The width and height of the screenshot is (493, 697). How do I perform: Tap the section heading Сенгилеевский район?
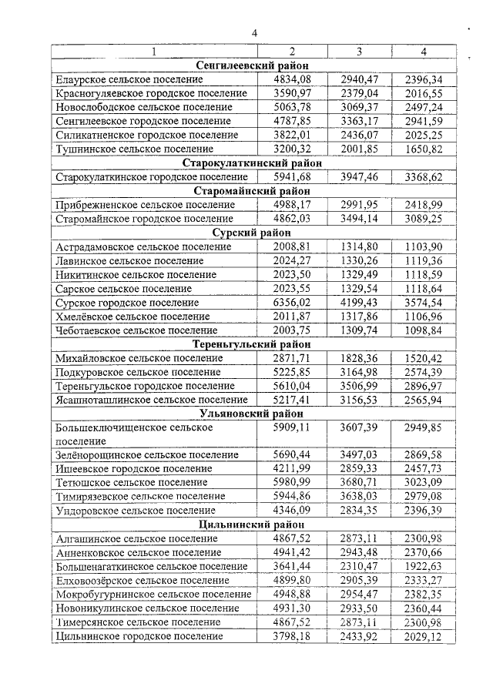click(x=252, y=65)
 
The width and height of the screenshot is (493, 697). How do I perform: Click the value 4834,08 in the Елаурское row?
click(x=292, y=79)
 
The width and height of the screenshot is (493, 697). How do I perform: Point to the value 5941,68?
click(x=292, y=177)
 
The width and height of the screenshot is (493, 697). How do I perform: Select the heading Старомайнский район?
click(x=252, y=191)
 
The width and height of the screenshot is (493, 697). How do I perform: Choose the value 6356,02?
click(x=292, y=303)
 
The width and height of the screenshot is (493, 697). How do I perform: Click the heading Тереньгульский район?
click(x=252, y=344)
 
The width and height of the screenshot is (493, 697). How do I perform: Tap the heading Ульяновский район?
click(x=252, y=413)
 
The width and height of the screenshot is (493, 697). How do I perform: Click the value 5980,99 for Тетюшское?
click(x=292, y=482)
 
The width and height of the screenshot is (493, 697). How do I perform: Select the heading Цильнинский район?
click(x=252, y=524)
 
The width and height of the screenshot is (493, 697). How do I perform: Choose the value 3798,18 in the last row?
click(x=292, y=636)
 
